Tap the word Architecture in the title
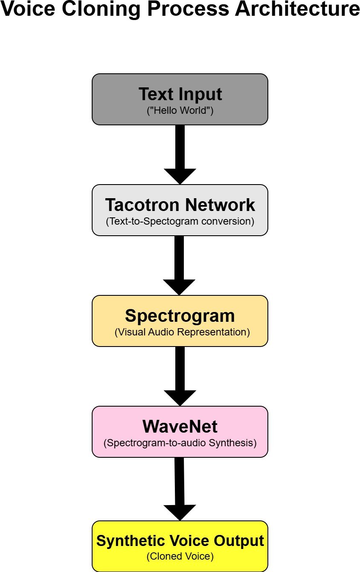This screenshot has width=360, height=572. [x=297, y=9]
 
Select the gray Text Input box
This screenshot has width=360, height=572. [x=180, y=99]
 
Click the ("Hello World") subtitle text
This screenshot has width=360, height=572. [x=180, y=110]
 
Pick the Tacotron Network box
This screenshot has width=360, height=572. [x=180, y=210]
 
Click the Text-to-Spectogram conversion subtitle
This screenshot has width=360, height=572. [x=180, y=221]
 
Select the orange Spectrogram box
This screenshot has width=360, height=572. [x=180, y=321]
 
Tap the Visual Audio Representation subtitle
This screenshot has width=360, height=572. [x=182, y=332]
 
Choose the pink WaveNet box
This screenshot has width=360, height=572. [x=180, y=432]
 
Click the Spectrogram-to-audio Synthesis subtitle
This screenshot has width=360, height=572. [x=180, y=443]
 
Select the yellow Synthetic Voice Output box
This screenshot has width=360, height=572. [x=180, y=546]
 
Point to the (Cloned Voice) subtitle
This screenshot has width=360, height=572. [x=180, y=556]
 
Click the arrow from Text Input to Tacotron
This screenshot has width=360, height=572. [x=180, y=155]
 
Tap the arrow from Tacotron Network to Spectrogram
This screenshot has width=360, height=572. [x=179, y=266]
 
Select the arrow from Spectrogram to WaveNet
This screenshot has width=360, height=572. [x=180, y=376]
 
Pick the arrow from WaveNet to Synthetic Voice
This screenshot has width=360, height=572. [x=180, y=489]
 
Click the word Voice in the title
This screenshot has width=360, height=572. [x=28, y=9]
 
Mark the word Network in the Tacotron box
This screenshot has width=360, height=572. [x=220, y=205]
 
